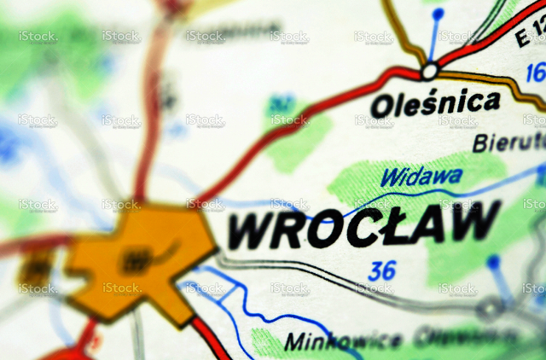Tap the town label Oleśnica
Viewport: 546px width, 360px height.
(x=435, y=104)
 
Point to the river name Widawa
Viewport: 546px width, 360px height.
(x=421, y=178)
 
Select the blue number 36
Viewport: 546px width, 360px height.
(x=382, y=270)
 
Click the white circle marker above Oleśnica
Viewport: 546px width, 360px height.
(x=429, y=70)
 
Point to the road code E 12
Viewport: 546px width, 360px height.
(x=531, y=34)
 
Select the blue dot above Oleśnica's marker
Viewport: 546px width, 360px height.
(x=438, y=15)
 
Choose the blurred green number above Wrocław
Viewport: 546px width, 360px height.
(x=279, y=104)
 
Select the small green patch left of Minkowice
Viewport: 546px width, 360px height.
(x=266, y=342)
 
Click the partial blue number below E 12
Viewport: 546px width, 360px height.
(x=536, y=72)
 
